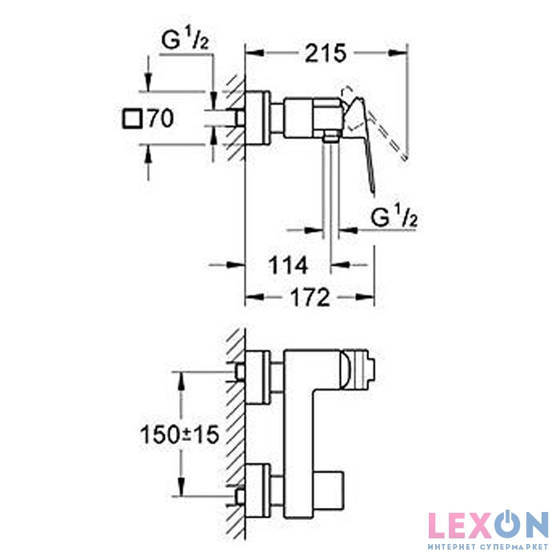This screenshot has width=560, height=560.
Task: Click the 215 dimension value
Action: tap(326, 54)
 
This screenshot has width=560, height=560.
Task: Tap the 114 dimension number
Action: tap(288, 266)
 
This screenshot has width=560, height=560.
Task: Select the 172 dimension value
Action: tap(310, 298)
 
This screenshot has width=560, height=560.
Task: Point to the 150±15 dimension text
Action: tap(179, 434)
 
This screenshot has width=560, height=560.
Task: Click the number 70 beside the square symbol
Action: tap(161, 118)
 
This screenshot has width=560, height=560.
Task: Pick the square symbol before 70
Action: tap(133, 118)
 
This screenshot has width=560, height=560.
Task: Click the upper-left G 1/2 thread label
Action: tap(185, 40)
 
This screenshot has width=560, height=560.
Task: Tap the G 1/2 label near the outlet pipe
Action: tap(394, 218)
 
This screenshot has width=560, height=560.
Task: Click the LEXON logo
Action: tap(488, 525)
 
